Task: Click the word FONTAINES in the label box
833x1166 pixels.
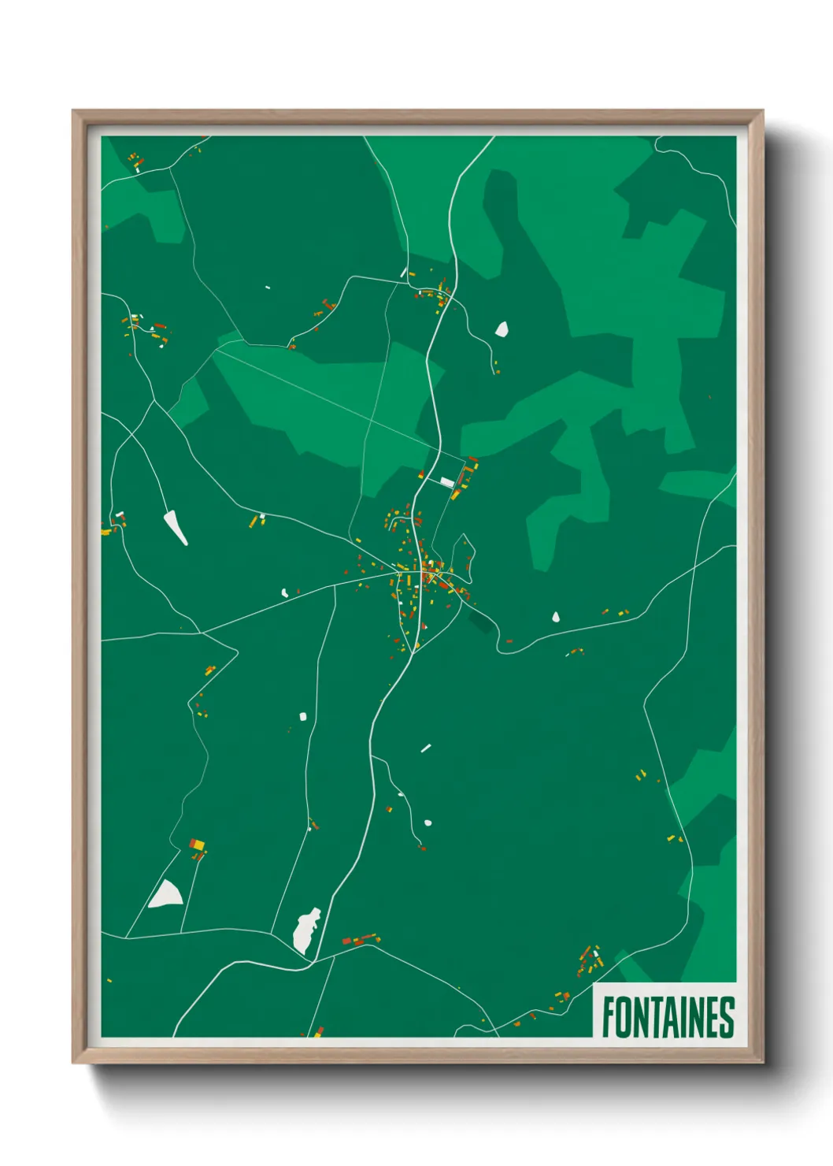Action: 668,1017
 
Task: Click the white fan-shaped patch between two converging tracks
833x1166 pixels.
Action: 166,894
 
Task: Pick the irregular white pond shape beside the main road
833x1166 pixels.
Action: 306,930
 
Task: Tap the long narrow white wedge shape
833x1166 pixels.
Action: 176,527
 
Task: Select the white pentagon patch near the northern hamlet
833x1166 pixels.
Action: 502,329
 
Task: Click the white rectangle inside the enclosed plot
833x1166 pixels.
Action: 447,481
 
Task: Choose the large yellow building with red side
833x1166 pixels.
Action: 197,845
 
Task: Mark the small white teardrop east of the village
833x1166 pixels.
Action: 556,617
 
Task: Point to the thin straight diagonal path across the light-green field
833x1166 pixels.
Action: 331,402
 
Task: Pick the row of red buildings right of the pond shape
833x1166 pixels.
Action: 359,939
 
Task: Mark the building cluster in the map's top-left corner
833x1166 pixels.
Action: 135,161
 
